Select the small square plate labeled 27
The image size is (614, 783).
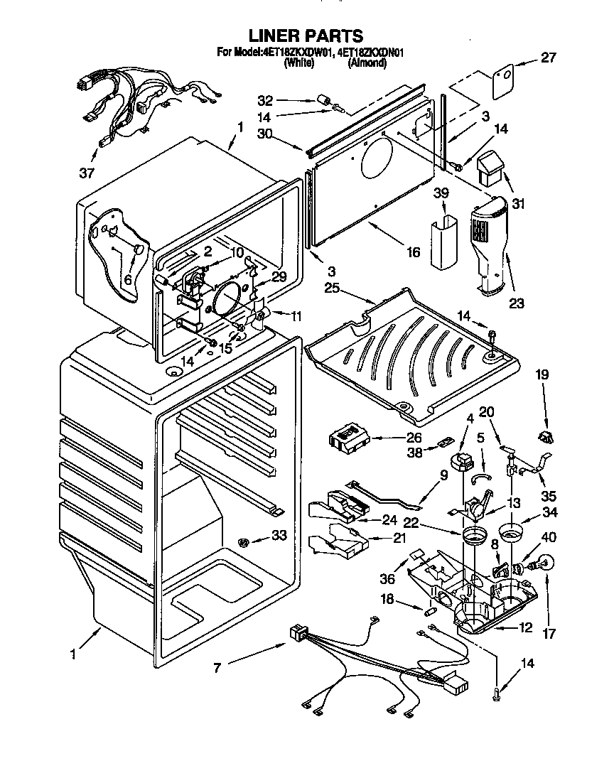pos(502,78)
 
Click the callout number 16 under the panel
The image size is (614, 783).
pos(414,252)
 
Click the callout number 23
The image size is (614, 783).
pos(516,303)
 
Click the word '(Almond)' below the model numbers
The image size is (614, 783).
pos(367,63)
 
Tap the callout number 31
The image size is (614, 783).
pos(518,204)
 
